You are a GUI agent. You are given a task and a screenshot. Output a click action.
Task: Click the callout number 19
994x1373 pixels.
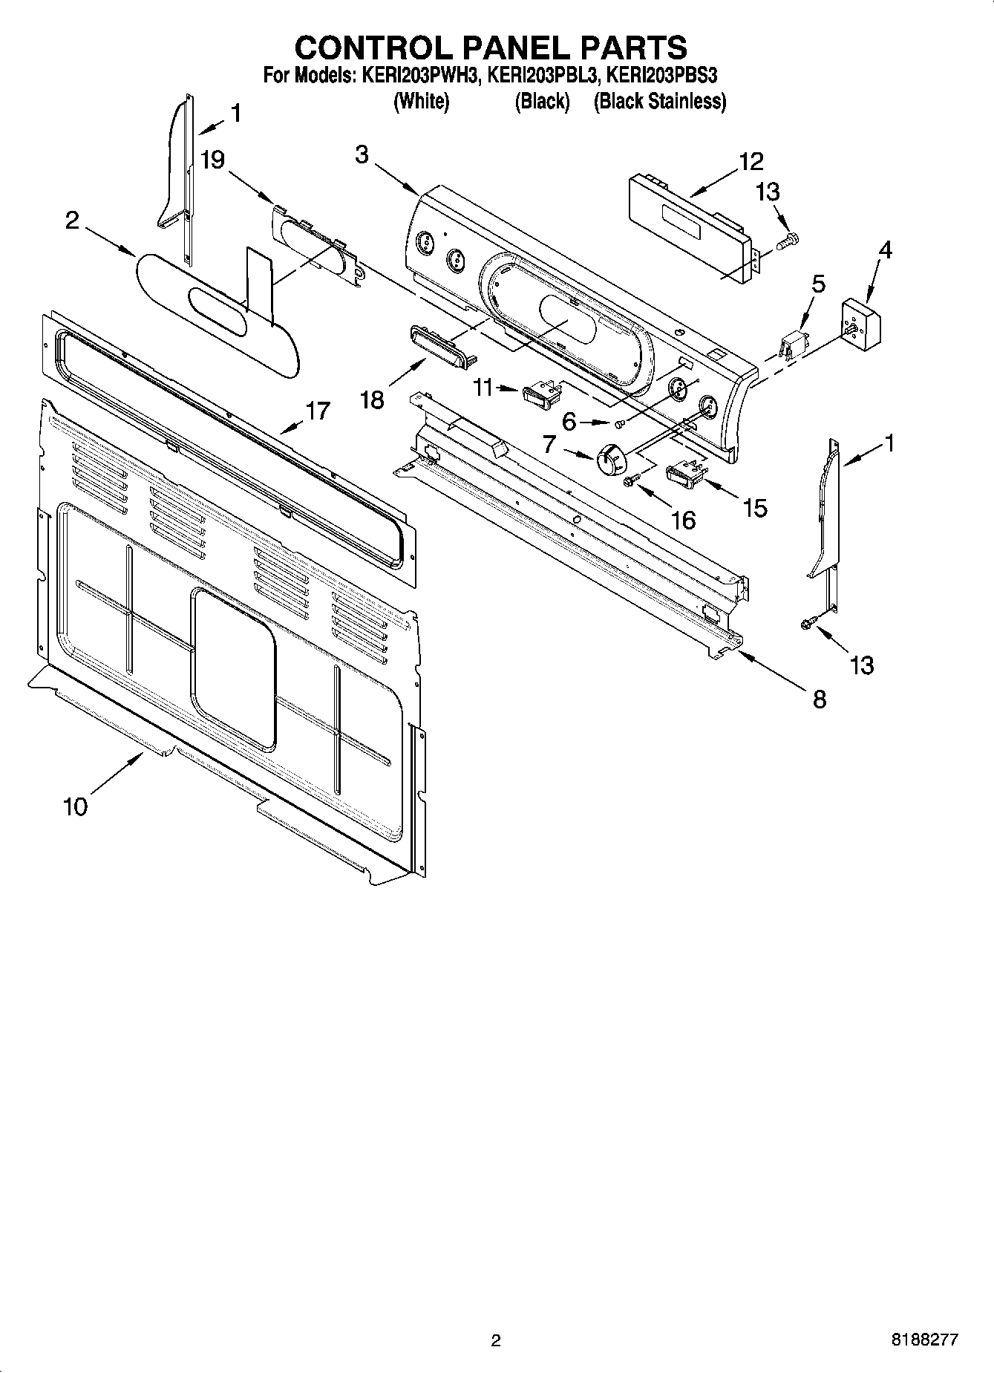click(213, 160)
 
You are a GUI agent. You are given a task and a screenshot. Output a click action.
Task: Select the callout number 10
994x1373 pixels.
click(76, 806)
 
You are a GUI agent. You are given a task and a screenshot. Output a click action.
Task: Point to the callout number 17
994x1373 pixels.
click(318, 411)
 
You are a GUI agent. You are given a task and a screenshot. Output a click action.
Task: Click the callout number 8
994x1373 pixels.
click(819, 699)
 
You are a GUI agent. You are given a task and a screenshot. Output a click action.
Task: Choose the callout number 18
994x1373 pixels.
click(372, 400)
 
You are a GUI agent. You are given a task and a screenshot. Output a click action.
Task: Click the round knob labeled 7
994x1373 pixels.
click(610, 459)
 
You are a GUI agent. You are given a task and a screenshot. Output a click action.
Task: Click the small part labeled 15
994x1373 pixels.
click(684, 473)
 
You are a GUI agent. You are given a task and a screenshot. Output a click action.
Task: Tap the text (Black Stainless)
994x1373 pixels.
click(660, 101)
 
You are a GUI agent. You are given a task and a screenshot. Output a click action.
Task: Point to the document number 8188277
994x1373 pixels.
click(925, 1340)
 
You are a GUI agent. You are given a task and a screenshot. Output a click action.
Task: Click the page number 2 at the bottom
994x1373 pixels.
click(496, 1340)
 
